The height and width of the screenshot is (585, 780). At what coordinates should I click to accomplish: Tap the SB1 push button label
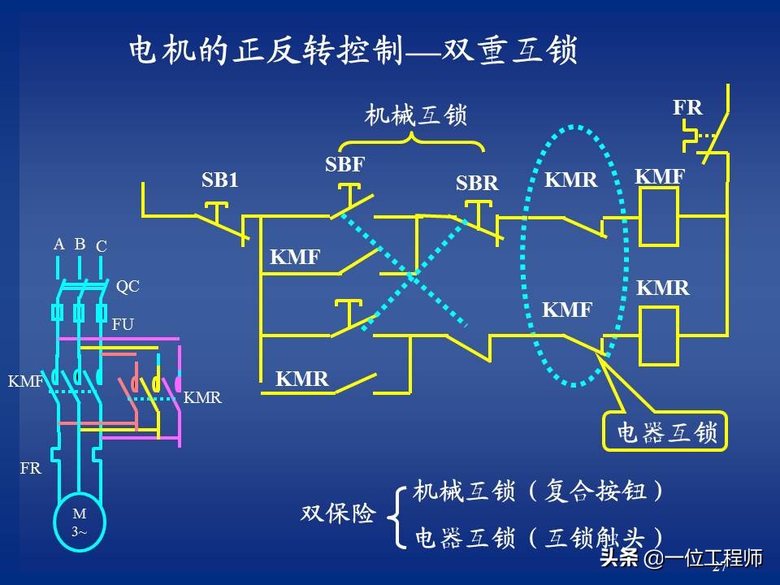[220, 180]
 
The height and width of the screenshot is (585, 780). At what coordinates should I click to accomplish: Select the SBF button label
[345, 165]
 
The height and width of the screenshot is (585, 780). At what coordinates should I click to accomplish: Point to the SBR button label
[477, 184]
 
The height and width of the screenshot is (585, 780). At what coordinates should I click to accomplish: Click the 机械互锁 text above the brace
[416, 115]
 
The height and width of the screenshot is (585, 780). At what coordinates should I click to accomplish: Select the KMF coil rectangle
[658, 216]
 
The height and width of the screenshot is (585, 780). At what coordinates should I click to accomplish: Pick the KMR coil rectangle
[658, 336]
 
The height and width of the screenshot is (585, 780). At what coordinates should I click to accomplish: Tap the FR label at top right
[687, 107]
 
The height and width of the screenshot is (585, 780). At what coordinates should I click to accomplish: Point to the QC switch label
[128, 286]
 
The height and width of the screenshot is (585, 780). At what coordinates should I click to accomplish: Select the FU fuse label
[123, 324]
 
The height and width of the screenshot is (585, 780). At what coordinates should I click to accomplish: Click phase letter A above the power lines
[58, 244]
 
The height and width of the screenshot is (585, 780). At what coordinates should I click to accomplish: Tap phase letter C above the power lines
[102, 245]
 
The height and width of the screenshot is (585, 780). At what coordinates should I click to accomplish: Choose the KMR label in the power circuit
[202, 398]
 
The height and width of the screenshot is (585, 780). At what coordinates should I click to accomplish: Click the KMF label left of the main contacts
[25, 380]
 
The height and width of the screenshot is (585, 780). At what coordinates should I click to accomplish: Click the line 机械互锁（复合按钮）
[540, 491]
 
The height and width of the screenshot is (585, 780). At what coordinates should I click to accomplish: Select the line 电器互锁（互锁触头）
[540, 537]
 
